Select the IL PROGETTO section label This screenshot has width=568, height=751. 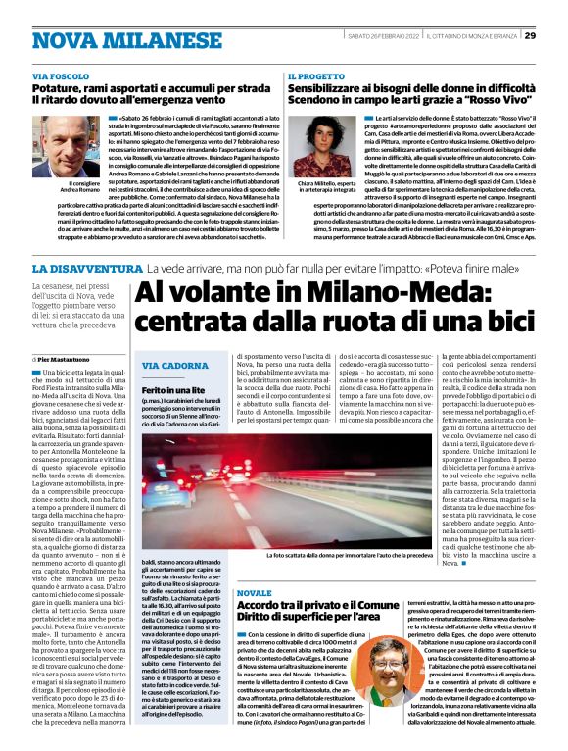(x=316, y=75)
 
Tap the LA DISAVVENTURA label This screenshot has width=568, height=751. (x=87, y=268)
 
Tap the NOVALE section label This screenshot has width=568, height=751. (x=254, y=593)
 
